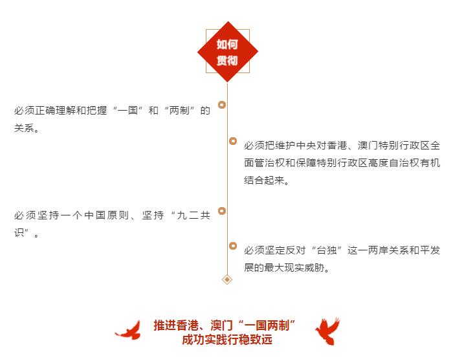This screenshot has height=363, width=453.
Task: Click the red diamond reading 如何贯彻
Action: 227,52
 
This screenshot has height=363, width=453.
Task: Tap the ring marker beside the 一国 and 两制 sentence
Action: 222,105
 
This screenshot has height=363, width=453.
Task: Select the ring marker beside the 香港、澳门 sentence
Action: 233,141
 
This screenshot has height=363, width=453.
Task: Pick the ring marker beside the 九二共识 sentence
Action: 222,211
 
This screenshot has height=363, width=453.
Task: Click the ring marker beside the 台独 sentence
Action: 233,246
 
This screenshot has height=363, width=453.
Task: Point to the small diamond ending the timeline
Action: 227,280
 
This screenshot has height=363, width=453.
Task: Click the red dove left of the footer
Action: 128,330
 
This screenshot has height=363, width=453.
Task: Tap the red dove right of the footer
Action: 327,331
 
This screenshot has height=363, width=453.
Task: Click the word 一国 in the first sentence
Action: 128,111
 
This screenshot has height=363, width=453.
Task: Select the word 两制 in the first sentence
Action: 179,111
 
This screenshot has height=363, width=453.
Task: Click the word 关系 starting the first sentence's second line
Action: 25,128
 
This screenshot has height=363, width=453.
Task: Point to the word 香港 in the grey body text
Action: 337,146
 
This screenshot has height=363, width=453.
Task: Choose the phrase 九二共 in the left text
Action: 193,215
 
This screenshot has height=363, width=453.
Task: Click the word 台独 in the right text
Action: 327,250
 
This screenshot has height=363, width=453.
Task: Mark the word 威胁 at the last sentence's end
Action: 315,268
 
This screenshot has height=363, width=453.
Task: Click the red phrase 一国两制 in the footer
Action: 267,325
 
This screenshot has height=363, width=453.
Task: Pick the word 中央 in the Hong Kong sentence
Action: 306,146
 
